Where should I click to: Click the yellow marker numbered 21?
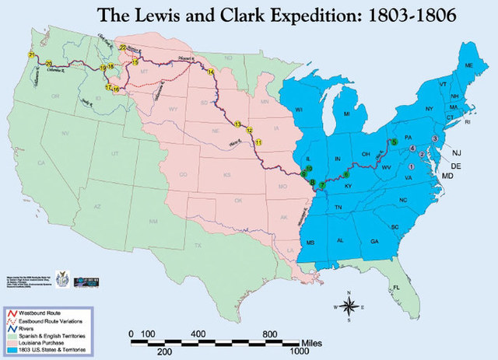[30, 55]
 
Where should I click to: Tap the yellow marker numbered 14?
[210, 72]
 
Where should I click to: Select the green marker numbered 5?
[395, 142]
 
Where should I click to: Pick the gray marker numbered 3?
[434, 138]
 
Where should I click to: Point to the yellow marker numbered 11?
[258, 140]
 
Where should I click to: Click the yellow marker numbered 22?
[123, 49]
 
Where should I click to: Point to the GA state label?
[375, 241]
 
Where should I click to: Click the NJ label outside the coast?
[458, 152]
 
